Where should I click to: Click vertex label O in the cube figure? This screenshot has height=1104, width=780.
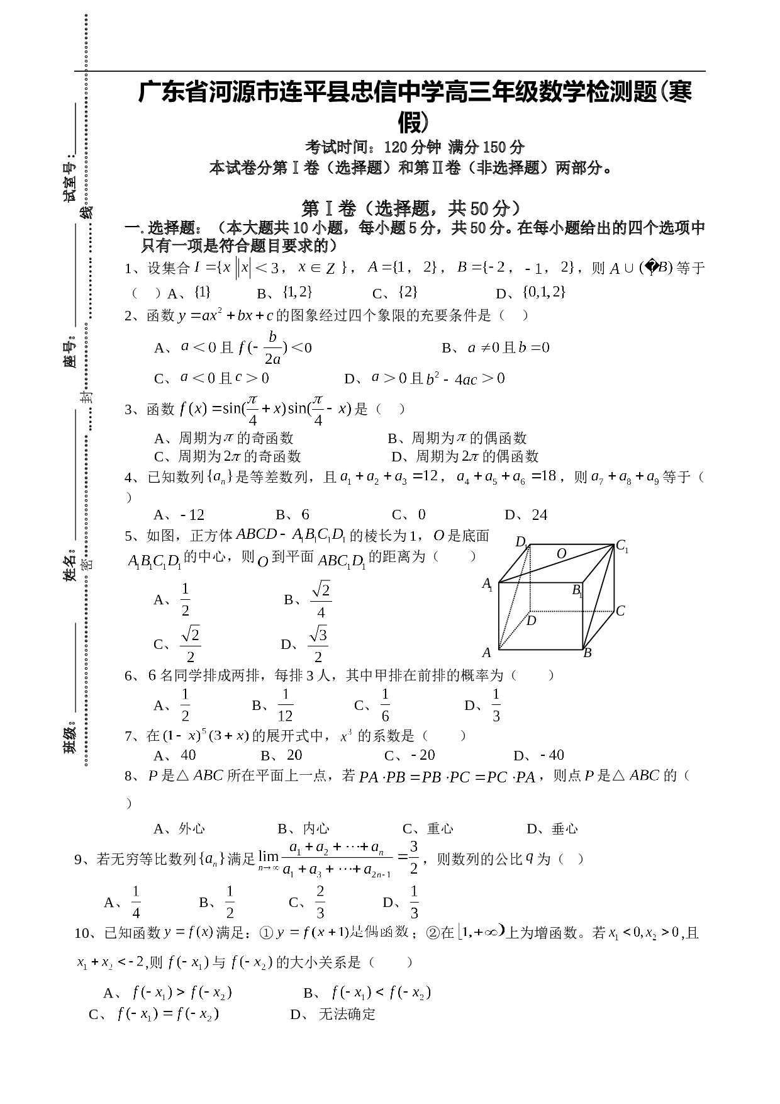562,553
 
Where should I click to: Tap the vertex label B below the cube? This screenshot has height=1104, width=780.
588,653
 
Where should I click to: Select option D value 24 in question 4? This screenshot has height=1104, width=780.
540,515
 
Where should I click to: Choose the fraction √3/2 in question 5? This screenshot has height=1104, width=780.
318,645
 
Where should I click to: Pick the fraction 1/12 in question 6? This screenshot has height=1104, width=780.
285,705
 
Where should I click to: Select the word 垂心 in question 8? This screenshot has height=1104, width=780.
564,828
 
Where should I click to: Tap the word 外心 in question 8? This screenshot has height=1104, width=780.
192,828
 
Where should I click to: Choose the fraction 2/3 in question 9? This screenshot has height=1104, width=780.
320,902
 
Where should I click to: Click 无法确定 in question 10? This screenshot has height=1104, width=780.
347,1014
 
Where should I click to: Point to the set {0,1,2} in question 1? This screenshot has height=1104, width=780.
545,291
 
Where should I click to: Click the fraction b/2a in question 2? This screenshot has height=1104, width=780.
272,347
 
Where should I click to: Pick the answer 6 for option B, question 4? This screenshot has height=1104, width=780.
305,515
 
